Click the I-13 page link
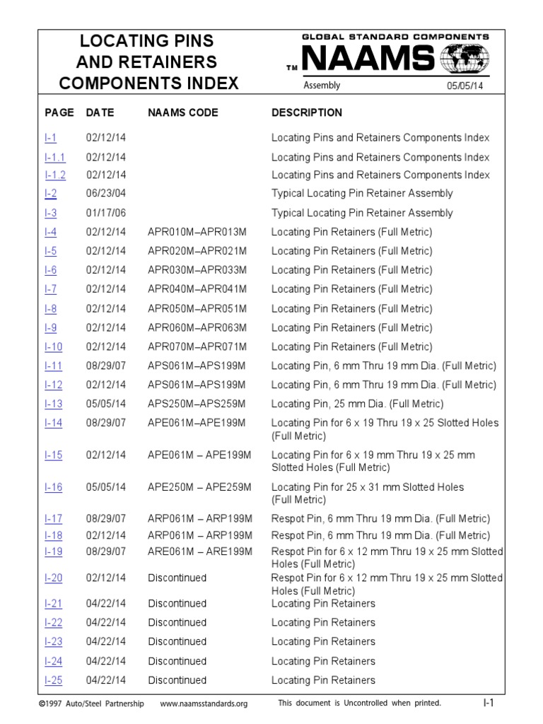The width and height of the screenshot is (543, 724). tap(53, 404)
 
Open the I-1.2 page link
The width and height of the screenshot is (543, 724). tap(55, 175)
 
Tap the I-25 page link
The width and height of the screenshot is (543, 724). tap(53, 680)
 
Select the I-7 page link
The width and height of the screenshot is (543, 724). tap(51, 288)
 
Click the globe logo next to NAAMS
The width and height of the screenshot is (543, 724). tap(464, 59)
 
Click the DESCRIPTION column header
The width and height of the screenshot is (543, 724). tap(307, 112)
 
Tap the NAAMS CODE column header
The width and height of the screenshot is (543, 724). tap(183, 112)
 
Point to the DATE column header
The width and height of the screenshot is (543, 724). tap(100, 112)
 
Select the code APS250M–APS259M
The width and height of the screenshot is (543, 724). tap(197, 404)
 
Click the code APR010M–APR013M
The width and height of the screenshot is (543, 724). tap(197, 231)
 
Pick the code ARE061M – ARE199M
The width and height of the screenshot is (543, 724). tap(200, 551)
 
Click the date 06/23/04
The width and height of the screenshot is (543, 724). tap(106, 193)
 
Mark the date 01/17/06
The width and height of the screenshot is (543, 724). tap(106, 213)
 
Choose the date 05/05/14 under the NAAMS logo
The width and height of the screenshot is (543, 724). tap(465, 86)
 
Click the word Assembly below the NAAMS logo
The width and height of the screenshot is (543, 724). tap(322, 86)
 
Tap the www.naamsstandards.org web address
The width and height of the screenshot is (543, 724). tap(204, 703)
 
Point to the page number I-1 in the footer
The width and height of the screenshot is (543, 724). tap(488, 703)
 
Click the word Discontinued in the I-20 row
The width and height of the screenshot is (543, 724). tap(177, 578)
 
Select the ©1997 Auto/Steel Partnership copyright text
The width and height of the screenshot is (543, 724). tap(91, 703)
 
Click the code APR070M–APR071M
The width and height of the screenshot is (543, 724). tap(197, 346)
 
